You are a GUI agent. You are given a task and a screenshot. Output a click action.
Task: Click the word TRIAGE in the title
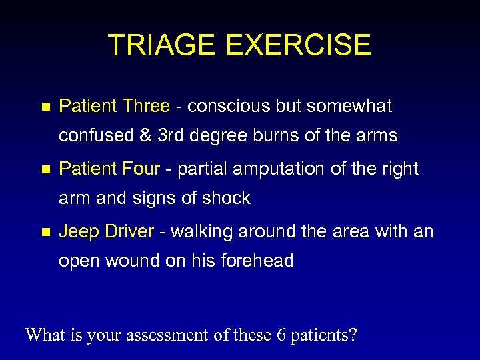coord(162,45)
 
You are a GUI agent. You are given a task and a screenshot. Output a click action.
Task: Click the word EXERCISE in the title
coord(298,45)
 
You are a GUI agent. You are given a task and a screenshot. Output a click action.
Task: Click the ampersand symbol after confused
coord(144,136)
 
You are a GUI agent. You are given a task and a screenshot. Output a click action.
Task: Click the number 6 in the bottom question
coord(279,334)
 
